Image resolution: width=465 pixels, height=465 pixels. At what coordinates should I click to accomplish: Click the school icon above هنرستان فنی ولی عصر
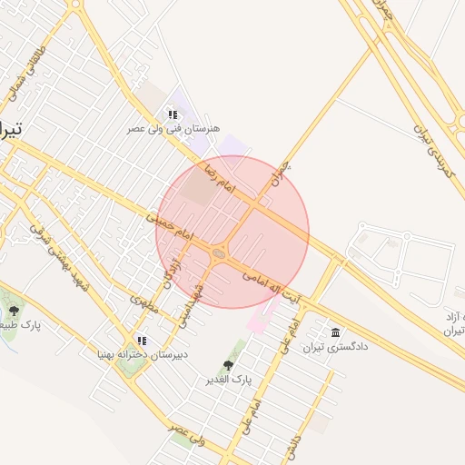(x=172, y=114)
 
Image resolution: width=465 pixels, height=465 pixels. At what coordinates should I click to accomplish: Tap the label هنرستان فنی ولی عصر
(x=173, y=130)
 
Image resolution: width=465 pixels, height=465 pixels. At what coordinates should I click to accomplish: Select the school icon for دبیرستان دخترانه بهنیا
(x=141, y=340)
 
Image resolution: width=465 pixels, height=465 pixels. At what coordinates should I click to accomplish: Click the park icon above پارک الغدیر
(x=227, y=365)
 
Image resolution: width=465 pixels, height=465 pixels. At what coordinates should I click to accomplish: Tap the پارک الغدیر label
(x=228, y=379)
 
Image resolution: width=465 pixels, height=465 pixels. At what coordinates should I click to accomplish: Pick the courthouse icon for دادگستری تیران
(x=336, y=331)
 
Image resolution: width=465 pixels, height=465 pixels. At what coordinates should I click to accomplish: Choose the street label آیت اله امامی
(x=278, y=283)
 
